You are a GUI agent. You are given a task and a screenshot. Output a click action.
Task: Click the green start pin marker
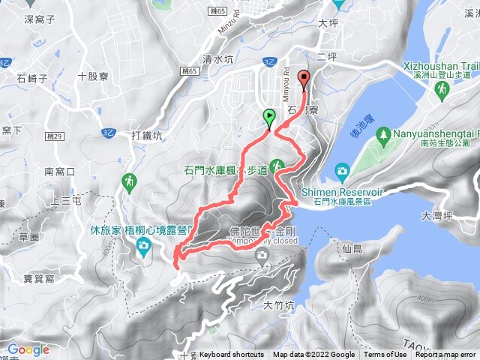[268, 117]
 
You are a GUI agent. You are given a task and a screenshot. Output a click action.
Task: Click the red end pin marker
[304, 77]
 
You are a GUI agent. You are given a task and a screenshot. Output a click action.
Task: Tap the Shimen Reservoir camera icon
[342, 171]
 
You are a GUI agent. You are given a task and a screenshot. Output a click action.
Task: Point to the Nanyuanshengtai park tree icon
[383, 133]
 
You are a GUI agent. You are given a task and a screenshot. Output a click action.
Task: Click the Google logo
[28, 349]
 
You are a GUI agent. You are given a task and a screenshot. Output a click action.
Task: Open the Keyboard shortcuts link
[232, 355]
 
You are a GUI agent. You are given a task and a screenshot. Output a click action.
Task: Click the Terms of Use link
[385, 355]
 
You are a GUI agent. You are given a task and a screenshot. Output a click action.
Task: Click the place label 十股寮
[92, 76]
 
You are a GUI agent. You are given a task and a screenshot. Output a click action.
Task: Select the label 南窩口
[60, 172]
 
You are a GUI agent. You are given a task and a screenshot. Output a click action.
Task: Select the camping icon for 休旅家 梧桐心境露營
[143, 253]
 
